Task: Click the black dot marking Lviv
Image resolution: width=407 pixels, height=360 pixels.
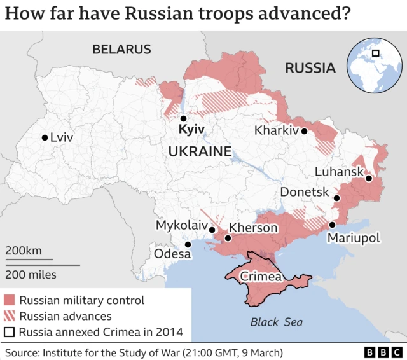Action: [44, 137]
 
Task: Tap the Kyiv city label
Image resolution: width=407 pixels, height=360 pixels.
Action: [191, 130]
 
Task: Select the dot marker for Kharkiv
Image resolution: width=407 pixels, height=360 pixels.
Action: [305, 131]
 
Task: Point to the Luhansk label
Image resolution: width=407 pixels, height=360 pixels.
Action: [339, 172]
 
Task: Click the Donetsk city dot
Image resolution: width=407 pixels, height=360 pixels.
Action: [337, 198]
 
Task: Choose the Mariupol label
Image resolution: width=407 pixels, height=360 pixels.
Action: [353, 238]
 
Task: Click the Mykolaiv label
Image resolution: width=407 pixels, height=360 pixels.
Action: [181, 226]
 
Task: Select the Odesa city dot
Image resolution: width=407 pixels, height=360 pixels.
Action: [188, 244]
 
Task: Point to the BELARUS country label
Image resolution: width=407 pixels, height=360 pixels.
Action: [121, 49]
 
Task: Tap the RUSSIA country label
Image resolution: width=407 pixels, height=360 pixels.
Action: [310, 68]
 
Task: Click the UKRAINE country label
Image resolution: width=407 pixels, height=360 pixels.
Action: [199, 151]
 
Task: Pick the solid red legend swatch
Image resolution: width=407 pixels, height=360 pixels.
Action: [10, 300]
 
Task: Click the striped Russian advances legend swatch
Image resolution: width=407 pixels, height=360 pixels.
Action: [10, 316]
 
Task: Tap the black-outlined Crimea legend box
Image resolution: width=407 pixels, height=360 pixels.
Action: [10, 331]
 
